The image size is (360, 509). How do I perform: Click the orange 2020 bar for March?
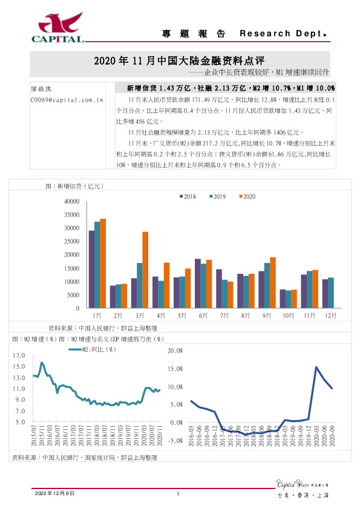point(145,270)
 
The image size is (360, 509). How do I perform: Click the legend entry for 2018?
point(188,196)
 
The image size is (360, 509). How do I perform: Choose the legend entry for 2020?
point(246,196)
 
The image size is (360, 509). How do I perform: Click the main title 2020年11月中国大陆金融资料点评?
point(180,61)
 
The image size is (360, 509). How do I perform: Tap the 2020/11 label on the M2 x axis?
point(159,434)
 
